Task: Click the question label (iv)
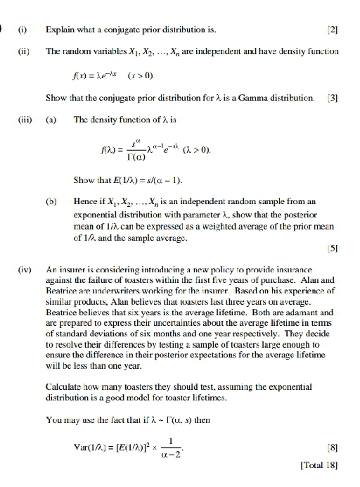[23, 270]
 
